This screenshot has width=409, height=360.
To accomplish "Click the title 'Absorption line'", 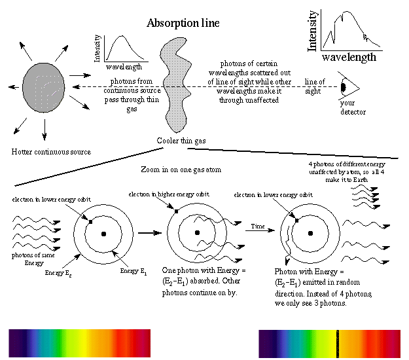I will point(183,24).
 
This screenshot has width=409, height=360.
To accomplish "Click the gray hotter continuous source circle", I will point(44,88).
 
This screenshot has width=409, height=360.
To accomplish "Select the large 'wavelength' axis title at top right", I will point(349,57).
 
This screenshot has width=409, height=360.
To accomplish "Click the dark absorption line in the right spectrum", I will point(337,342).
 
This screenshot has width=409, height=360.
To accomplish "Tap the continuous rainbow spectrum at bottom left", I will point(79,342).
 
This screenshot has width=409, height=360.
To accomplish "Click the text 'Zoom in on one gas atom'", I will point(181,170).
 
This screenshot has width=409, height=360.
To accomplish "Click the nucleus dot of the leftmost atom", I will point(104,234).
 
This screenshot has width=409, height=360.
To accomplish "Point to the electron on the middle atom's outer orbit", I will point(176,211).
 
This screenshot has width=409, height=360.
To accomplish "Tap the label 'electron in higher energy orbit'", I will point(160,194).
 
